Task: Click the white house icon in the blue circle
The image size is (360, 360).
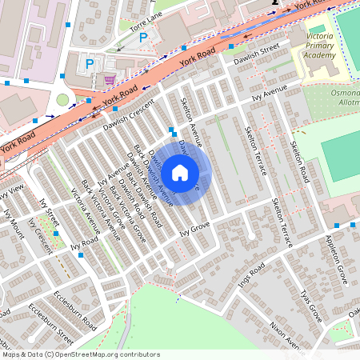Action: coord(180,172)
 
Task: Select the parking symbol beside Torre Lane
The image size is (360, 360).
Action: coord(144,38)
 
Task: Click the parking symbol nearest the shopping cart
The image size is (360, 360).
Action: coord(90,63)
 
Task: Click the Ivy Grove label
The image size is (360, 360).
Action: coord(194,230)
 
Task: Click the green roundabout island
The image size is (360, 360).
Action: coord(62,100)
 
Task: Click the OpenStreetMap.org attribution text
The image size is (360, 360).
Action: coord(110,354)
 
